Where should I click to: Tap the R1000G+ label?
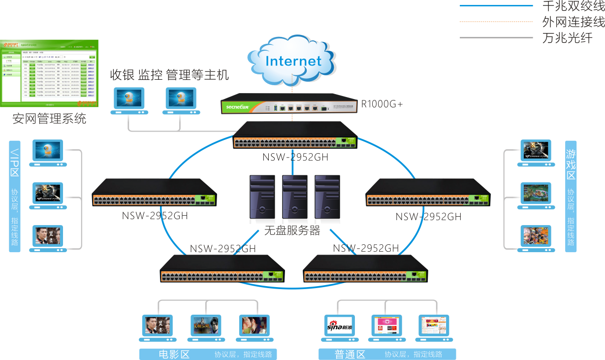(382, 104)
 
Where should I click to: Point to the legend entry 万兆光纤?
(567, 38)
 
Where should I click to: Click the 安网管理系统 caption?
(49, 119)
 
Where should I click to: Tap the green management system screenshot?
(49, 73)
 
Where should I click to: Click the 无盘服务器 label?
(292, 230)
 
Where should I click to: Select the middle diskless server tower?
(294, 196)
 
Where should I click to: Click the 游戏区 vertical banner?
(571, 196)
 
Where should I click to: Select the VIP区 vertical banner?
(15, 196)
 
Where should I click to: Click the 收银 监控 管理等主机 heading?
(169, 75)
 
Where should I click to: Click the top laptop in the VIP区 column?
(48, 154)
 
